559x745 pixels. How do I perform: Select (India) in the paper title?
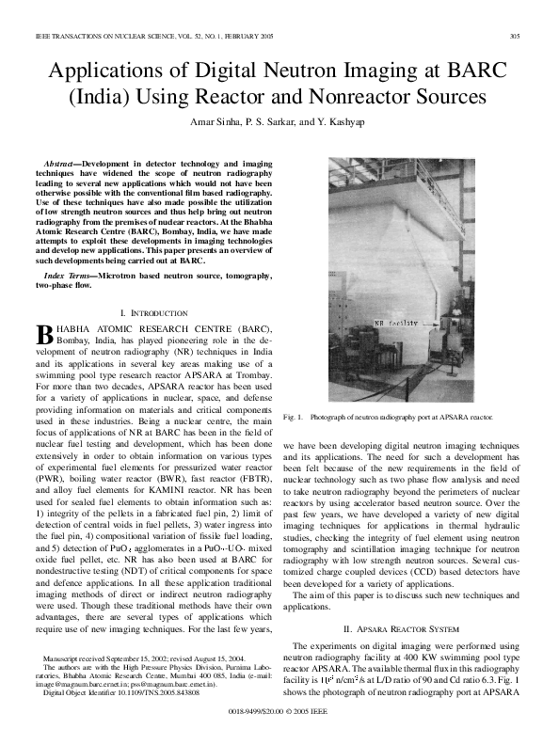(103, 97)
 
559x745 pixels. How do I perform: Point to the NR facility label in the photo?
(395, 322)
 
